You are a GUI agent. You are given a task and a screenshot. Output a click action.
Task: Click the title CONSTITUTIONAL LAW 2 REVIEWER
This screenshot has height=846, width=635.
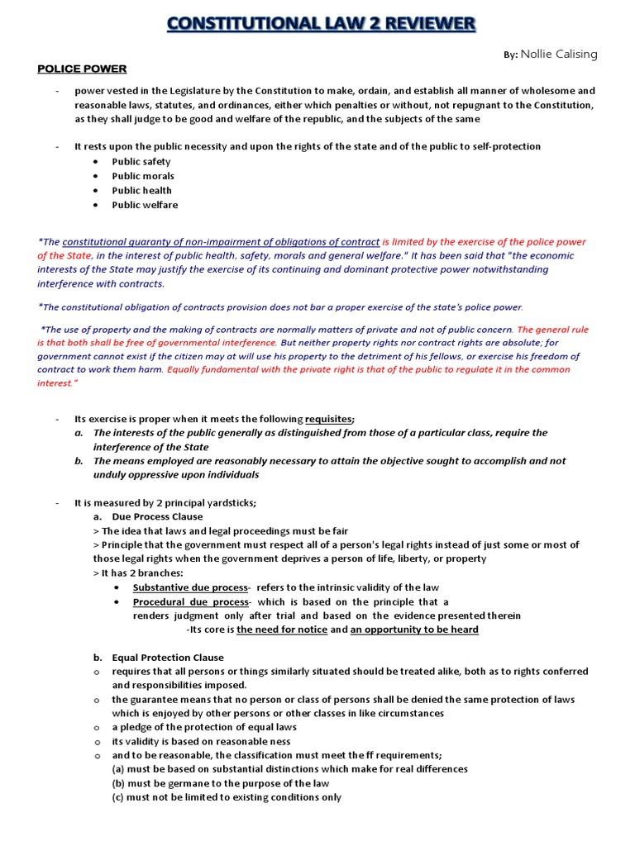point(321,23)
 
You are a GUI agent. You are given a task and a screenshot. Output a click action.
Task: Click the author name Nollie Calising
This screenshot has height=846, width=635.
point(558,55)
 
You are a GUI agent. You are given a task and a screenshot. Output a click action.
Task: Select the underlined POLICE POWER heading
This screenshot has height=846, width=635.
point(82,69)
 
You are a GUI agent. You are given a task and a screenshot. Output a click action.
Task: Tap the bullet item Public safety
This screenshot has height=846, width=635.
point(141,162)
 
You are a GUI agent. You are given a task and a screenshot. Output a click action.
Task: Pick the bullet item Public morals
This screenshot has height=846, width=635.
point(143,176)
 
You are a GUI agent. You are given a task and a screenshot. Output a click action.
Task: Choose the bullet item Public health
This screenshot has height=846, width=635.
point(142,191)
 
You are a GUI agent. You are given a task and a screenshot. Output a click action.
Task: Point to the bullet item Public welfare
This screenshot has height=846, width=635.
point(145,205)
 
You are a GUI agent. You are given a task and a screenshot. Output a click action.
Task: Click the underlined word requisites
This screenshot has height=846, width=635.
point(329,419)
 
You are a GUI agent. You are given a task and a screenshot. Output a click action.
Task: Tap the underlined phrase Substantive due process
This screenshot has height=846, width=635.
point(190,587)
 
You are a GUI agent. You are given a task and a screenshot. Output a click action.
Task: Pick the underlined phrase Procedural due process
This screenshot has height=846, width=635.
point(190,601)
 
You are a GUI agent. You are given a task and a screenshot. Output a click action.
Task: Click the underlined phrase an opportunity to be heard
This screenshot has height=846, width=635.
point(414,630)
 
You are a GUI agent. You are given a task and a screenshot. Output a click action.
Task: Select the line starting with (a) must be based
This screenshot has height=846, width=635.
point(289,769)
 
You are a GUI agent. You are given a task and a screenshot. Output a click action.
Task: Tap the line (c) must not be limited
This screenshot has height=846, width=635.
point(227,797)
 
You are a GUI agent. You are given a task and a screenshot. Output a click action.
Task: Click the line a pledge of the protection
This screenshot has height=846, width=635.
point(204,727)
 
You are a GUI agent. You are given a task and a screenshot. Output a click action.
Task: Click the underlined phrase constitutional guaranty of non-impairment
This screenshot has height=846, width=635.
point(221,242)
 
